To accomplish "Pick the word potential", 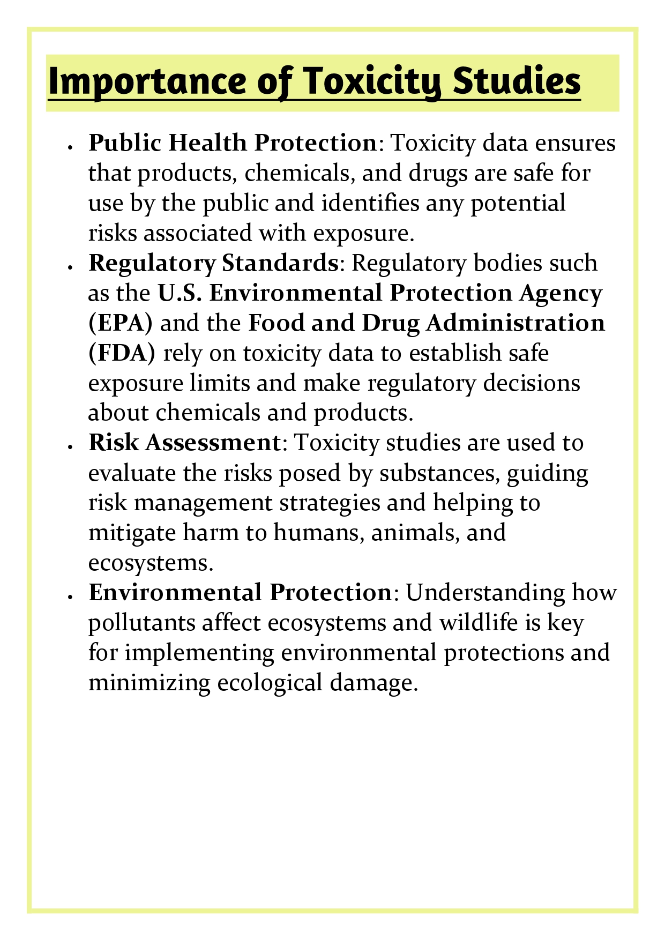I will [x=518, y=204].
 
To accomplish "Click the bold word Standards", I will [x=279, y=263].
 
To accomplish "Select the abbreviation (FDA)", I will [x=122, y=353].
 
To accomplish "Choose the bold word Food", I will [x=275, y=323].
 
